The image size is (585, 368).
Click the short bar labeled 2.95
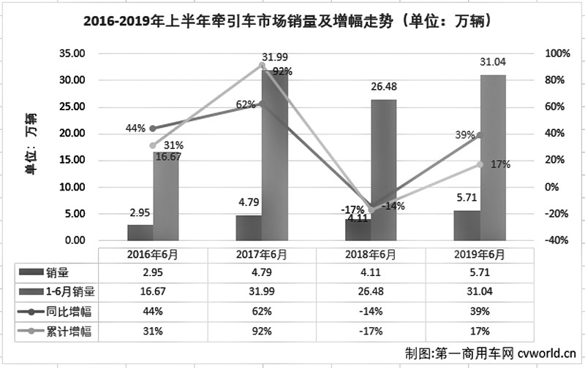(140, 232)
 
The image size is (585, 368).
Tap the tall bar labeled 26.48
(383, 169)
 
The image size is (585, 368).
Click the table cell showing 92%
(262, 326)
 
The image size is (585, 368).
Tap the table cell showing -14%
(371, 307)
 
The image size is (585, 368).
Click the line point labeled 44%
(153, 129)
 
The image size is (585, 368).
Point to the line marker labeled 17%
(480, 164)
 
